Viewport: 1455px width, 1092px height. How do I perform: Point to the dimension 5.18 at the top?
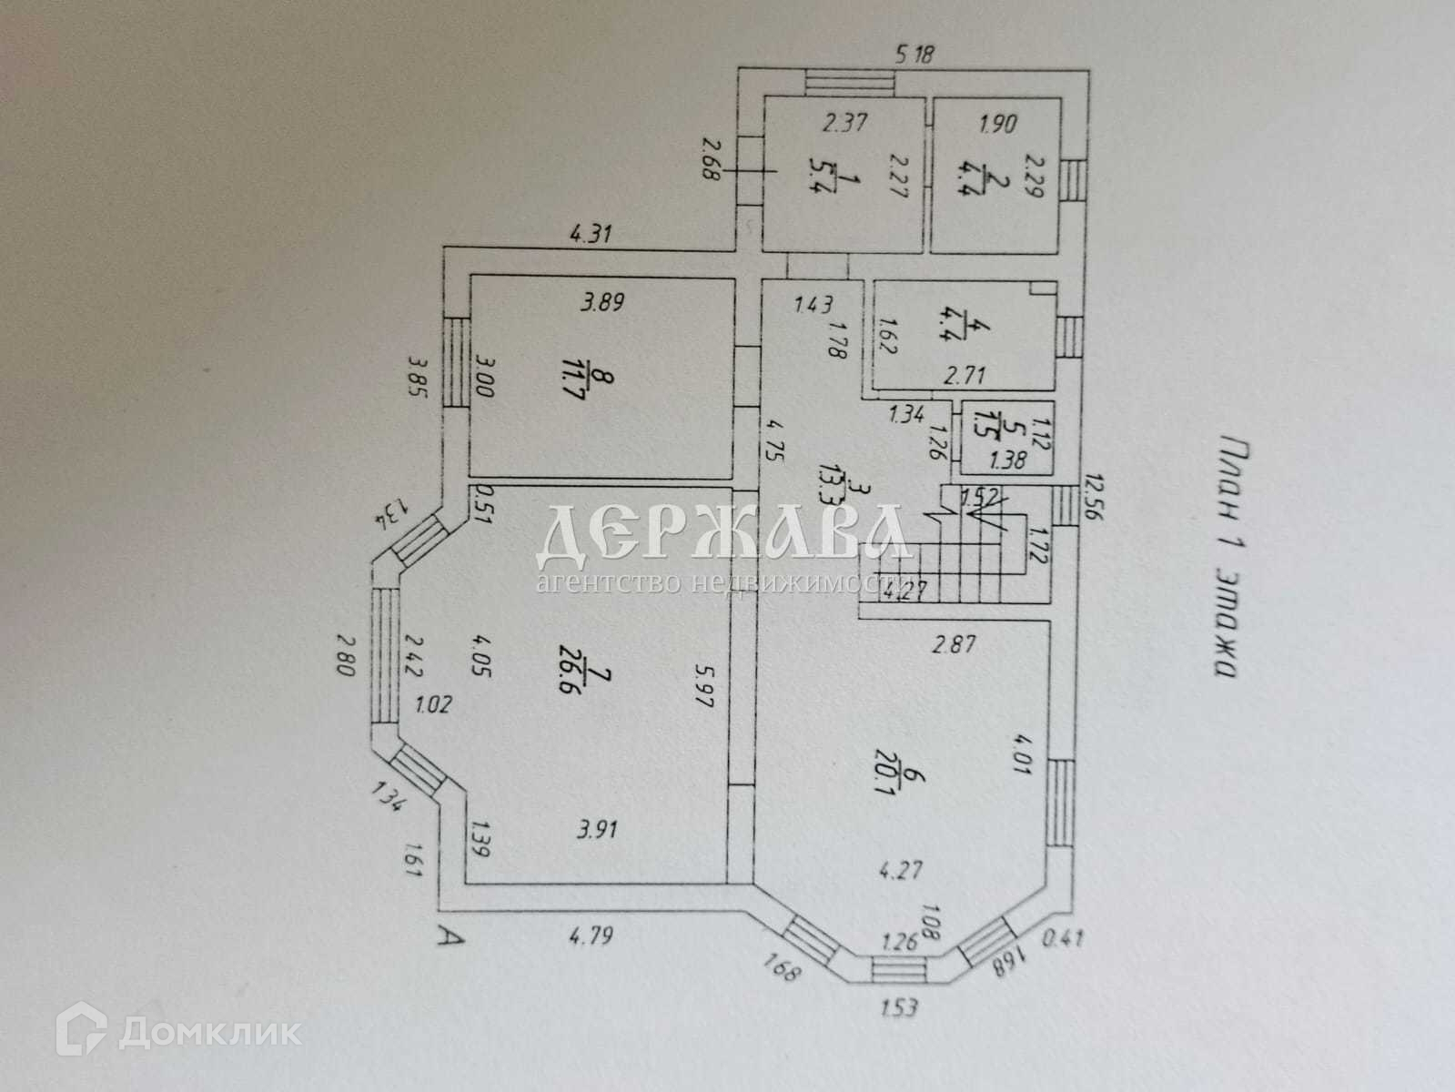914,55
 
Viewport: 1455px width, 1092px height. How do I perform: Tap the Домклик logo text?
208,1033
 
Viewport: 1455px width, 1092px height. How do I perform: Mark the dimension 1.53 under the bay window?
896,1006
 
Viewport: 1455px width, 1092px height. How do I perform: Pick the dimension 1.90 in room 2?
998,122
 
